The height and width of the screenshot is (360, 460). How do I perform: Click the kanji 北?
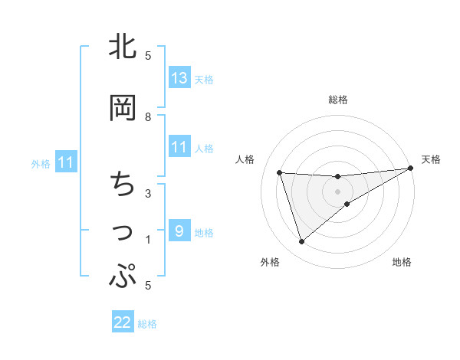point(123,47)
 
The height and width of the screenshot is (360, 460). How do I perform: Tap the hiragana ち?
point(123,185)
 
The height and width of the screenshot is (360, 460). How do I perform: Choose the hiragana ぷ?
point(123,277)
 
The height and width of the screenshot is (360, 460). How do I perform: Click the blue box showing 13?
point(179,78)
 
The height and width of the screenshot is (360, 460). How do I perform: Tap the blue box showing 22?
point(123,322)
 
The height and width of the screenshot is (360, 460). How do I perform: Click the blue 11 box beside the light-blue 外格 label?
point(65,162)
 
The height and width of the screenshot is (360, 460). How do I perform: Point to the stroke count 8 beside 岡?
point(148,116)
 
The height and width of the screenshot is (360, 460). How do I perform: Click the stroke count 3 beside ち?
point(148,193)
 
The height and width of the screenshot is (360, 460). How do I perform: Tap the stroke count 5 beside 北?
point(148,55)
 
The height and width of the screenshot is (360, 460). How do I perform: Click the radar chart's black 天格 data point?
point(410,169)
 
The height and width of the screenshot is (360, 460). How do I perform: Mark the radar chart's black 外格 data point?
point(301,242)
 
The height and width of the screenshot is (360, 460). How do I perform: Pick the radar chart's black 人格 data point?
point(280,172)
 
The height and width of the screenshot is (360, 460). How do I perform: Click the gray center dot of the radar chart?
point(337,191)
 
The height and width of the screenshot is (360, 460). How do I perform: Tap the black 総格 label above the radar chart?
point(338,100)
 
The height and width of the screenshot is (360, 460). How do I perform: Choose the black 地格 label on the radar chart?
point(402,262)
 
